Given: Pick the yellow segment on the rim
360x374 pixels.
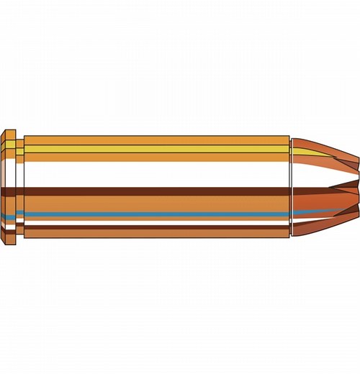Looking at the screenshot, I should pos(10,148).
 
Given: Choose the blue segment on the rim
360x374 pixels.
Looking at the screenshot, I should pos(10,214).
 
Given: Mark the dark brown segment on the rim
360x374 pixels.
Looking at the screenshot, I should pos(10,193).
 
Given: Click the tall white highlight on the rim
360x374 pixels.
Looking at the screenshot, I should pos(10,173).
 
